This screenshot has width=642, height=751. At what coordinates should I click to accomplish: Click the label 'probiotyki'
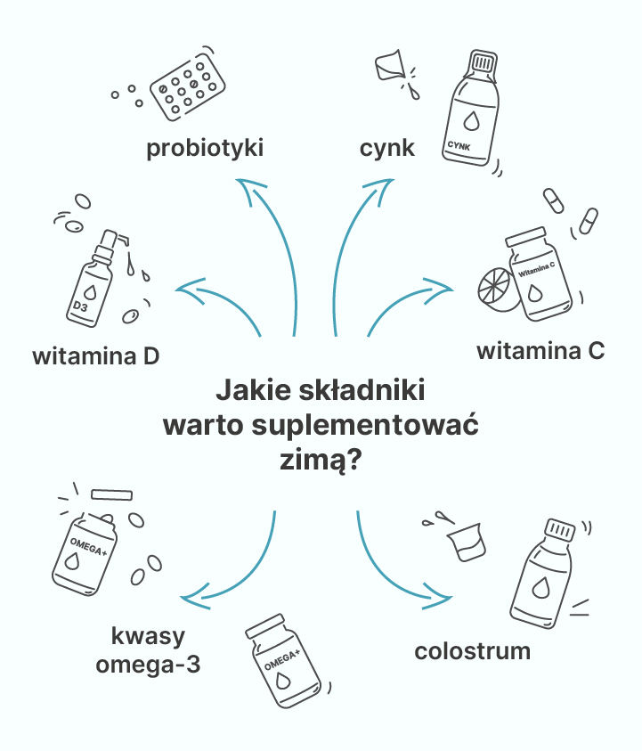click(205, 148)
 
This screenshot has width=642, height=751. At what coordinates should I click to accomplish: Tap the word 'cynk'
click(386, 148)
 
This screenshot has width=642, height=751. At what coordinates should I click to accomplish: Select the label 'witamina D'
click(96, 356)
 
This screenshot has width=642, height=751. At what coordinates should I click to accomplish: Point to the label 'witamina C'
click(540, 351)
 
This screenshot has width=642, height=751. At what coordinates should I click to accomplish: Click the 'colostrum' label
click(473, 651)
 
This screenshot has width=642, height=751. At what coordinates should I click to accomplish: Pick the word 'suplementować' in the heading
click(365, 425)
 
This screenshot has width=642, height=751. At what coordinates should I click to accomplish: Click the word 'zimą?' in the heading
click(321, 460)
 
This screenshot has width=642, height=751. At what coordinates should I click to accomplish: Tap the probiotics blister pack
click(188, 87)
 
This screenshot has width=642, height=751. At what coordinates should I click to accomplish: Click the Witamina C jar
click(539, 274)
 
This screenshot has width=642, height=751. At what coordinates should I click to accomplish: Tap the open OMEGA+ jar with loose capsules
click(85, 554)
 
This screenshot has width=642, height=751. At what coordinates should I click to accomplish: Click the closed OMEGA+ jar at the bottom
click(283, 660)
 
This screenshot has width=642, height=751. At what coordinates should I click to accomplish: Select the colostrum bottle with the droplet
click(542, 574)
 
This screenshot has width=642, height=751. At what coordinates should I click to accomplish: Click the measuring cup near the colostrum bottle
click(467, 543)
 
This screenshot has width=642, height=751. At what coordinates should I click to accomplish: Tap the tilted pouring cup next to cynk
click(390, 65)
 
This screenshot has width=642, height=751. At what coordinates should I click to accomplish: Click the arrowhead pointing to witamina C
click(438, 289)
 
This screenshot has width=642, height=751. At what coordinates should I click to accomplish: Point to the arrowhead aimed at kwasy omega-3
click(195, 597)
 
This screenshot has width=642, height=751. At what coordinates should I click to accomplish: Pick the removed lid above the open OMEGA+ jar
click(111, 494)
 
